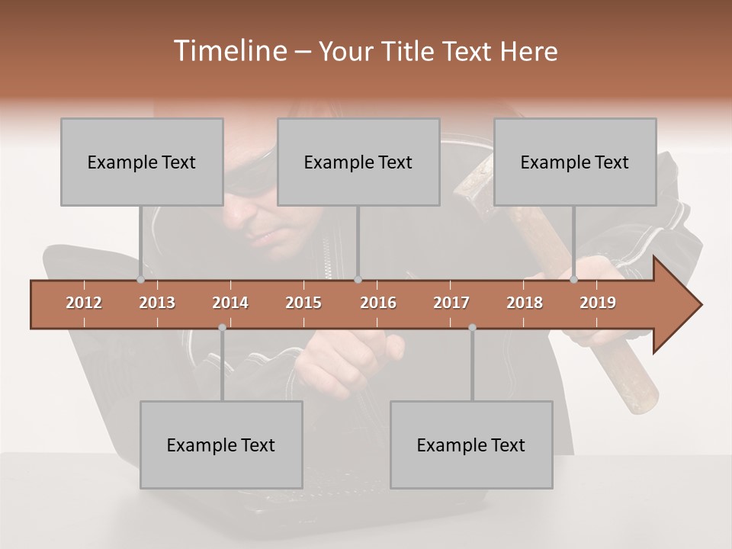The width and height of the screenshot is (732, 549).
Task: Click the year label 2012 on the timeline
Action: click(84, 303)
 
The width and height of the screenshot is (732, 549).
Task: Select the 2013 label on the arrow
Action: click(157, 303)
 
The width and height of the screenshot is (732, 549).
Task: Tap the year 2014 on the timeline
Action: click(230, 303)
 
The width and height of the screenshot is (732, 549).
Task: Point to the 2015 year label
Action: click(303, 303)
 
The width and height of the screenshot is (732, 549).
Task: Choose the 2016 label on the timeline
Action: click(378, 303)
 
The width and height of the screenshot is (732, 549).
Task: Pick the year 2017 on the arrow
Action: click(451, 303)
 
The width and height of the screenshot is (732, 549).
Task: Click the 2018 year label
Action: click(525, 303)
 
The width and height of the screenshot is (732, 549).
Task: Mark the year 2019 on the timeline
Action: click(598, 303)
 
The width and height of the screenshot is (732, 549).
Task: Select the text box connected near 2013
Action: click(142, 162)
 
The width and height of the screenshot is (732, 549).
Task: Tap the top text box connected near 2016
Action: click(358, 162)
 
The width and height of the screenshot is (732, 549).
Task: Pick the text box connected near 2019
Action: click(575, 162)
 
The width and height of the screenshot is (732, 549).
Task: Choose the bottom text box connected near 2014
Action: click(221, 445)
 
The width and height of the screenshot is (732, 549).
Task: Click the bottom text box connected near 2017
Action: click(471, 445)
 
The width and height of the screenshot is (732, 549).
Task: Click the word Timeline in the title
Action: click(229, 51)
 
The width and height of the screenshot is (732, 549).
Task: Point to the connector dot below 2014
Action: click(222, 327)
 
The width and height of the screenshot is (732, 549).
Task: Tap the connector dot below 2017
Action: click(472, 327)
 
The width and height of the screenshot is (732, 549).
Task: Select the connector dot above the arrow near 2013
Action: click(140, 279)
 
